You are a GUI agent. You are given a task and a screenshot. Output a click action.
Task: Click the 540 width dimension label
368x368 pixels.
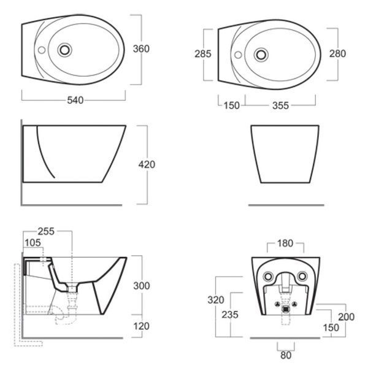click(x=75, y=100)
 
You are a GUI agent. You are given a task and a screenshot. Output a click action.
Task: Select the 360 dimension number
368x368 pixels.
click(x=141, y=49)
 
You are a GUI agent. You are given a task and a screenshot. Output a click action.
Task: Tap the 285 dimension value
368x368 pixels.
click(x=203, y=54)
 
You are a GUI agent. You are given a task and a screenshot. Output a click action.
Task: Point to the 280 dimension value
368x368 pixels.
click(x=337, y=54)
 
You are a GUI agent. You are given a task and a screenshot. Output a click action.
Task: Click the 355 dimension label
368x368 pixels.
click(x=280, y=105)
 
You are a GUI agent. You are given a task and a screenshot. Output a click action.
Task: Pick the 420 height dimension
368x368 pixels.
click(x=147, y=164)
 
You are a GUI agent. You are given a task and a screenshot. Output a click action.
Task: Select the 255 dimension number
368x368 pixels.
click(x=46, y=231)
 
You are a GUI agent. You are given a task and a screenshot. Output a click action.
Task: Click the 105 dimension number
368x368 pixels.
click(x=33, y=243)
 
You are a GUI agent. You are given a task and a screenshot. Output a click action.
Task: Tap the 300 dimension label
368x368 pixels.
click(x=142, y=286)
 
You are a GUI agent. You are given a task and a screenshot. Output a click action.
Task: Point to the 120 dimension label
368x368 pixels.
click(x=142, y=326)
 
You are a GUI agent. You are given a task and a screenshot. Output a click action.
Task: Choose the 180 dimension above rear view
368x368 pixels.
click(x=285, y=243)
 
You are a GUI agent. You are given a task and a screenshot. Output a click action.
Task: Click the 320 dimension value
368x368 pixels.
click(x=216, y=300)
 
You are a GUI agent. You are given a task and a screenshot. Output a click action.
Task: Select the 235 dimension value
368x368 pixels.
click(x=230, y=315)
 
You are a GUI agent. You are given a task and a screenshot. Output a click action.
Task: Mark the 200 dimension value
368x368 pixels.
click(x=346, y=317)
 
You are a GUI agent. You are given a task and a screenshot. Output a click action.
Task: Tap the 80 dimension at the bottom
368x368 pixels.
click(x=286, y=355)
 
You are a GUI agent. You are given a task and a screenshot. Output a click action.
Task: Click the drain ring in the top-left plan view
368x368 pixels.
click(x=65, y=50)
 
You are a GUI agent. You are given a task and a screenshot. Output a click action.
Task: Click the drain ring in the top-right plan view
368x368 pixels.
click(x=261, y=55)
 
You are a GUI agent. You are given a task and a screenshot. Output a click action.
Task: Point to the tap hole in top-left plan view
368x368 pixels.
click(x=42, y=50)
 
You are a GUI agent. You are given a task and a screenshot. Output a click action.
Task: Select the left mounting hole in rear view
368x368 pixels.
click(x=268, y=276)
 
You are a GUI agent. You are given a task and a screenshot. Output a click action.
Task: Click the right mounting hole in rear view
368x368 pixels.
click(x=302, y=276)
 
